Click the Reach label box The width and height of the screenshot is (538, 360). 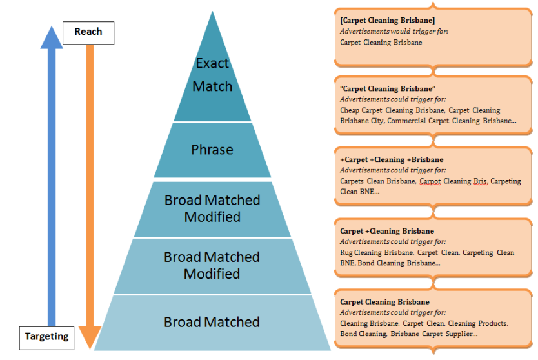[x=88, y=32]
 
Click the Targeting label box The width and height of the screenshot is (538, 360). [x=46, y=337]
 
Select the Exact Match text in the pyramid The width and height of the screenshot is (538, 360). [x=212, y=75]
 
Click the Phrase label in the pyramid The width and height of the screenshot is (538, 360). [x=212, y=150]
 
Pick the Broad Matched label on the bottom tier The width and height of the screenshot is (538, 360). [x=212, y=322]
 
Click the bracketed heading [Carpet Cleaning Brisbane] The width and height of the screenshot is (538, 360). [x=387, y=21]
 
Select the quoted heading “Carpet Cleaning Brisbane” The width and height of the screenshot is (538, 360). [x=388, y=88]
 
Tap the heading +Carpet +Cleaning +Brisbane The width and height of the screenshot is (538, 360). [x=392, y=159]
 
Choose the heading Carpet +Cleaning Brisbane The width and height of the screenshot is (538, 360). [x=387, y=231]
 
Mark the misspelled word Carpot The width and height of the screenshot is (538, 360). [x=430, y=181]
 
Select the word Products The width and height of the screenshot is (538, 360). [x=492, y=323]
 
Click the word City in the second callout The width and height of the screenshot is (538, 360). [x=376, y=121]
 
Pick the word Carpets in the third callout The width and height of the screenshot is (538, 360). [x=353, y=181]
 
